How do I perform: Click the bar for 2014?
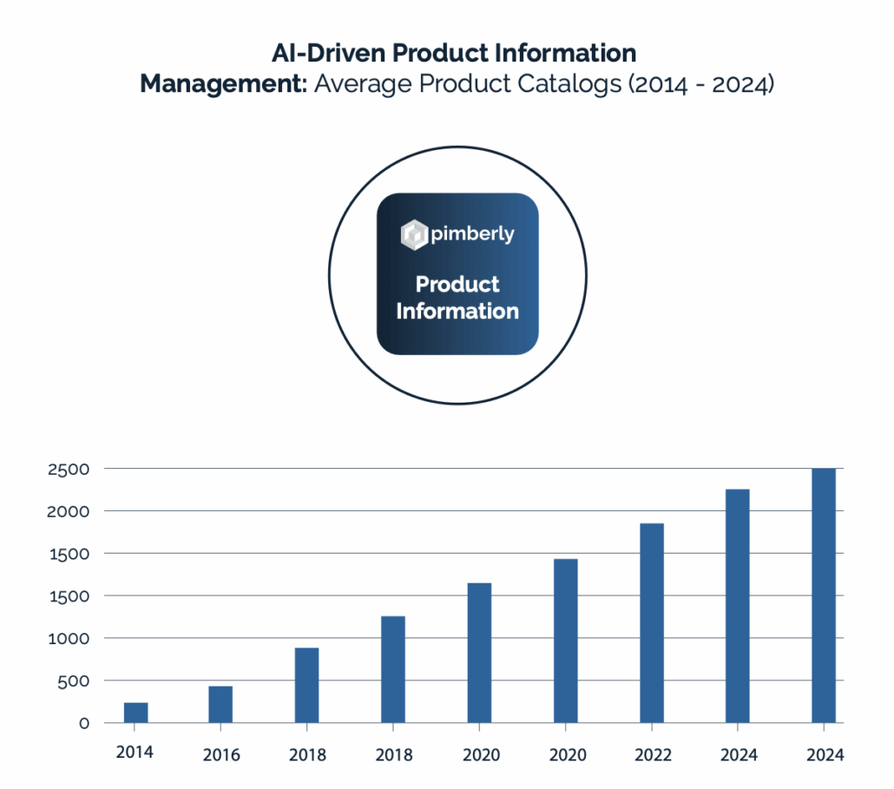coord(135,712)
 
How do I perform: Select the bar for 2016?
coord(220,704)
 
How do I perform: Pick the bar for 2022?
coord(651,622)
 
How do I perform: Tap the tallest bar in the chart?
coord(823,595)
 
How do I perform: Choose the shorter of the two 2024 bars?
coord(737,606)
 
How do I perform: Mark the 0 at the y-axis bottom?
coord(84,723)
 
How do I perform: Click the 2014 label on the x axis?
coord(135,752)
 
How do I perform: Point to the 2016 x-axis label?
coord(220,755)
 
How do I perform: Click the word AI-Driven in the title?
coord(327,53)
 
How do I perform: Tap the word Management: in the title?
coord(224,85)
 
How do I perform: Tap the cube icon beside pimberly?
coord(414,234)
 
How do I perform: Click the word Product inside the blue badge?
coord(457,285)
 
